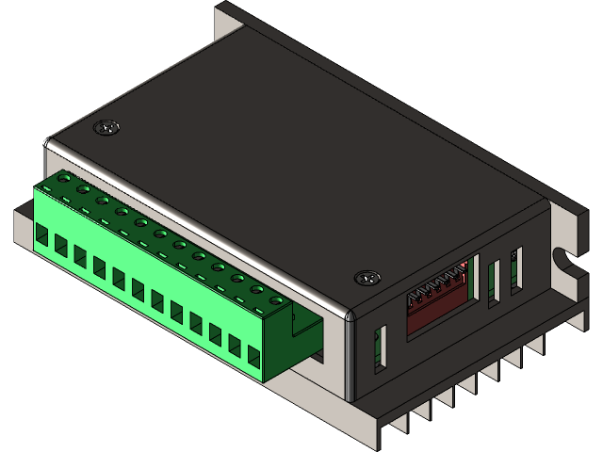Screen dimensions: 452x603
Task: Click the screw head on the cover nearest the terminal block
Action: [106, 126]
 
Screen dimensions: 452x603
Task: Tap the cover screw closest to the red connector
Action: [367, 278]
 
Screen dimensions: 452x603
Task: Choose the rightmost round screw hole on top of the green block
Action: [276, 300]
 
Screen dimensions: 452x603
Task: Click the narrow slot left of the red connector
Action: [380, 348]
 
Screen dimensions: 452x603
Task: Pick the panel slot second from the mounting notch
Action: [493, 282]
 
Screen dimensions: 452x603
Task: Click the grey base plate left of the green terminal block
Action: [23, 226]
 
